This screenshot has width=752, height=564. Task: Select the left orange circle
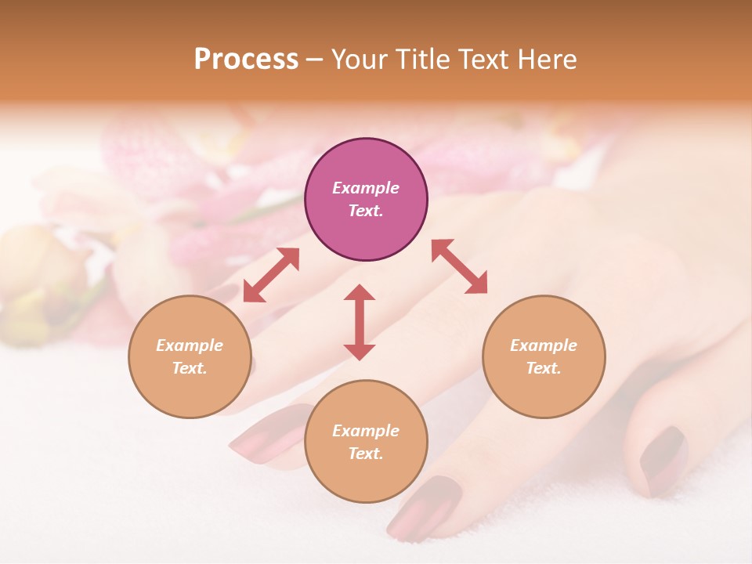[x=190, y=356]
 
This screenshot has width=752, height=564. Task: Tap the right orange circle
[x=544, y=356]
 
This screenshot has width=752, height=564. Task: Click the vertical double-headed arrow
[x=360, y=322]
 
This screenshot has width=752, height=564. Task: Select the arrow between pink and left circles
[x=271, y=275]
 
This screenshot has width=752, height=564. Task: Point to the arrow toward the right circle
[x=459, y=266]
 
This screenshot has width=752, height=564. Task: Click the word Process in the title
[x=246, y=60]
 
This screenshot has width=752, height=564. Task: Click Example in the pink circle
[x=366, y=188]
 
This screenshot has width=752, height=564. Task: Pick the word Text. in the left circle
[x=190, y=368]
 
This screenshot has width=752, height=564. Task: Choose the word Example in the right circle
[x=544, y=345]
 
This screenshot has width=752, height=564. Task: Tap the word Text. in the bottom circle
[x=366, y=454]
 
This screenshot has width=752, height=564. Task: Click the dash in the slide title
[x=314, y=60]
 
